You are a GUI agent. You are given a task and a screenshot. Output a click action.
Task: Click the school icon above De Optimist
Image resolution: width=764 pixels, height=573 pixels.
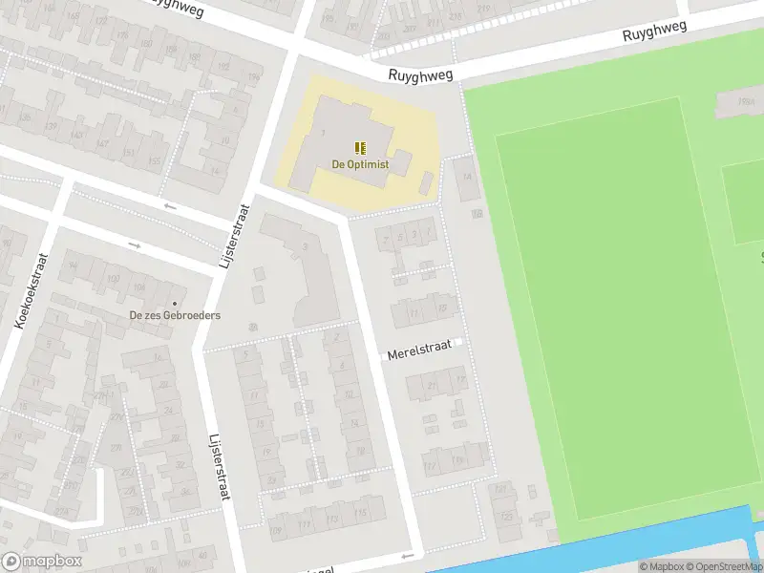coord(360,148)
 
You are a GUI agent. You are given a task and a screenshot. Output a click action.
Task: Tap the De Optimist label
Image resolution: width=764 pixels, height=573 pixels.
coord(360,164)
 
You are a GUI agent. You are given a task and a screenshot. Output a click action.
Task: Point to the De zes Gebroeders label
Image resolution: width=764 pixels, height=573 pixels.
coord(176,315)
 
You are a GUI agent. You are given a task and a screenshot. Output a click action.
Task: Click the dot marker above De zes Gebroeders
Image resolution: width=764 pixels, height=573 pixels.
coord(175,304)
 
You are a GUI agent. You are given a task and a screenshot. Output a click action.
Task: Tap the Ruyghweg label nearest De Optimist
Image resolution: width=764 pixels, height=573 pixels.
coord(420,74)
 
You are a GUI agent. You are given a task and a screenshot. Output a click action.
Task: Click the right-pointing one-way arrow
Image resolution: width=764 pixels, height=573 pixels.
coord(135,246)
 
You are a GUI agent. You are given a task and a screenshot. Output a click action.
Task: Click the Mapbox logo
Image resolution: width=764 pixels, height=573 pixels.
coord(40,562)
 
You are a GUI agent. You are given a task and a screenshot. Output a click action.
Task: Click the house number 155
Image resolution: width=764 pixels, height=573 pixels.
coord(155,162)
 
